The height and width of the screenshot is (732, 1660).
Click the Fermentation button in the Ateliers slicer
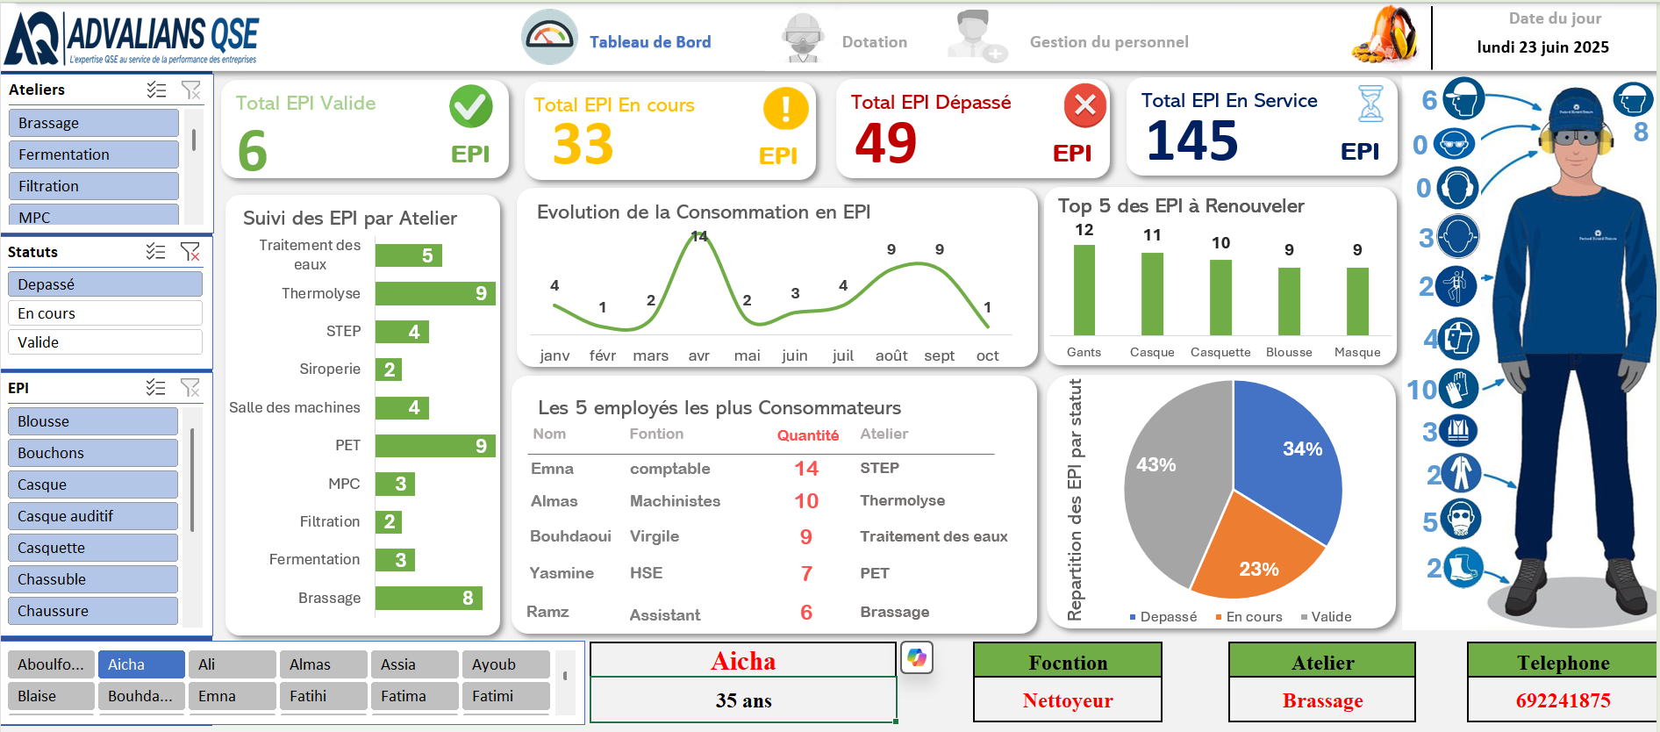coord(93,154)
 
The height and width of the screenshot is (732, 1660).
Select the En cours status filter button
coord(104,313)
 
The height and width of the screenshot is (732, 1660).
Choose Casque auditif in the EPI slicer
coord(92,516)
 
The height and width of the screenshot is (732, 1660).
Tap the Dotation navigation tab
coord(874,42)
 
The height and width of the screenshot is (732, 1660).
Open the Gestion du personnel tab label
coord(1108,42)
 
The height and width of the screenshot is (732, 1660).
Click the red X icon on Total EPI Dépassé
coord(1084,106)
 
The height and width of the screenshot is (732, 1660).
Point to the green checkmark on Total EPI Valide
coord(470,107)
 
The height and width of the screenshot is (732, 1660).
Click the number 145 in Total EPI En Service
coord(1191,141)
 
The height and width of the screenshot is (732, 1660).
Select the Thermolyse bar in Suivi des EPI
coord(434,293)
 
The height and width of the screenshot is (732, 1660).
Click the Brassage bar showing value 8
coord(428,598)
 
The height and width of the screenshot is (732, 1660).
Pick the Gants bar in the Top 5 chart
coord(1084,290)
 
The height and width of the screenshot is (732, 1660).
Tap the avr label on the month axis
coord(698,355)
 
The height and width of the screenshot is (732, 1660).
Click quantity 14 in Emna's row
coord(806,469)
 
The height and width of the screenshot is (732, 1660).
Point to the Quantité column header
coord(807,435)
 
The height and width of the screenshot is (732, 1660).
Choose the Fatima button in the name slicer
coord(414,696)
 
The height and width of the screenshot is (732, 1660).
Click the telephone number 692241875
coord(1563,700)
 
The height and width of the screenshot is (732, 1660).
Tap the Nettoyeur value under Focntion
coord(1067,700)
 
